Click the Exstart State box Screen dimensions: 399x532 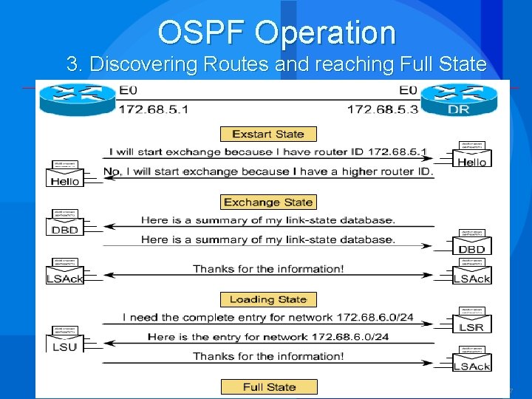[268, 134]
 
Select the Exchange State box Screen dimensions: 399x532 [268, 202]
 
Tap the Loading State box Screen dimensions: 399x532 [268, 299]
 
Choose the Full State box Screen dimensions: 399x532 [269, 386]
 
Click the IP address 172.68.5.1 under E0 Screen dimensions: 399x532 [154, 109]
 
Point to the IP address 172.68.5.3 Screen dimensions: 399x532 [382, 109]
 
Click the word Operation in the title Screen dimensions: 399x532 [329, 33]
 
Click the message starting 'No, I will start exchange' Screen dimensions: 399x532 [267, 171]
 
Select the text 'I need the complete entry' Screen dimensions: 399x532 [196, 318]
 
